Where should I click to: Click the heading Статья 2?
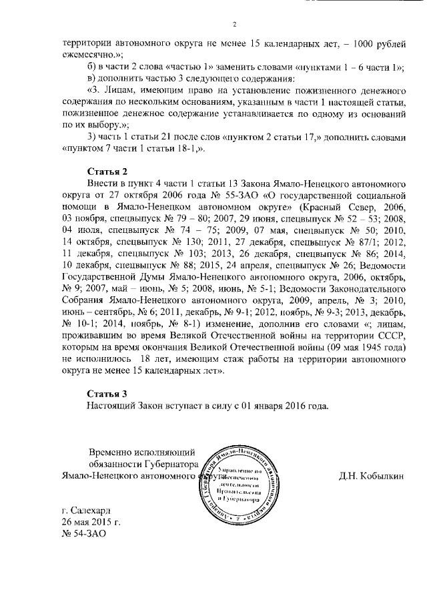pos(106,170)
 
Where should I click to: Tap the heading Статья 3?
pos(106,392)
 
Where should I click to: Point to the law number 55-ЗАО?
pos(240,194)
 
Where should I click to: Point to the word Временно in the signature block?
pos(118,452)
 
